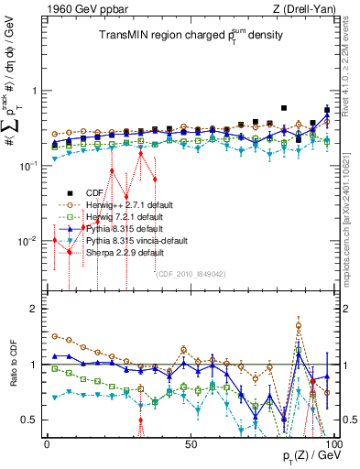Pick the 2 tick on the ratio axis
[x=34, y=309]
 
